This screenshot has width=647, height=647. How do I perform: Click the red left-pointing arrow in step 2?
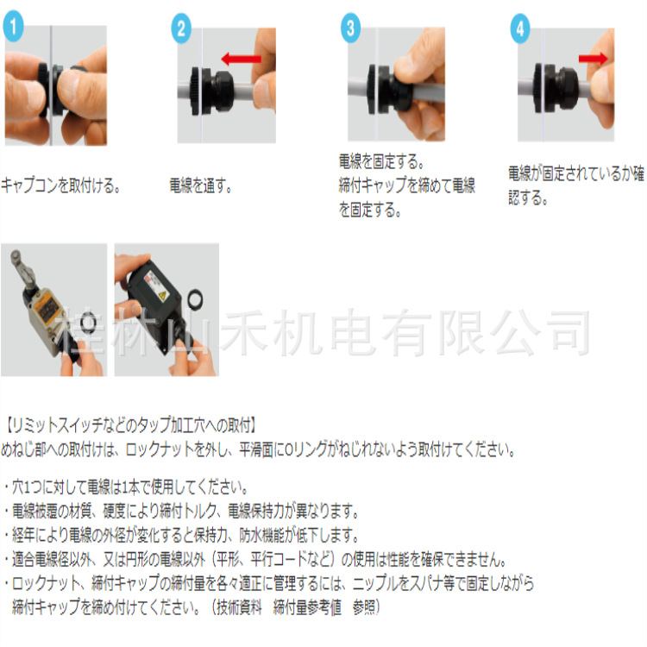point(242,59)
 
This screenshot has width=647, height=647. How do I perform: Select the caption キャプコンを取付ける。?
point(61,185)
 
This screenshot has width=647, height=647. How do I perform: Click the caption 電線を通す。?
point(201,185)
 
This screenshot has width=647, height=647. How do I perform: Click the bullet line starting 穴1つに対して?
point(129,486)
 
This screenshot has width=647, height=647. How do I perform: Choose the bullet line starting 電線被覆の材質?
point(180,510)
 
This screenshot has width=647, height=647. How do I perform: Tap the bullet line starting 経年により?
point(180,535)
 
